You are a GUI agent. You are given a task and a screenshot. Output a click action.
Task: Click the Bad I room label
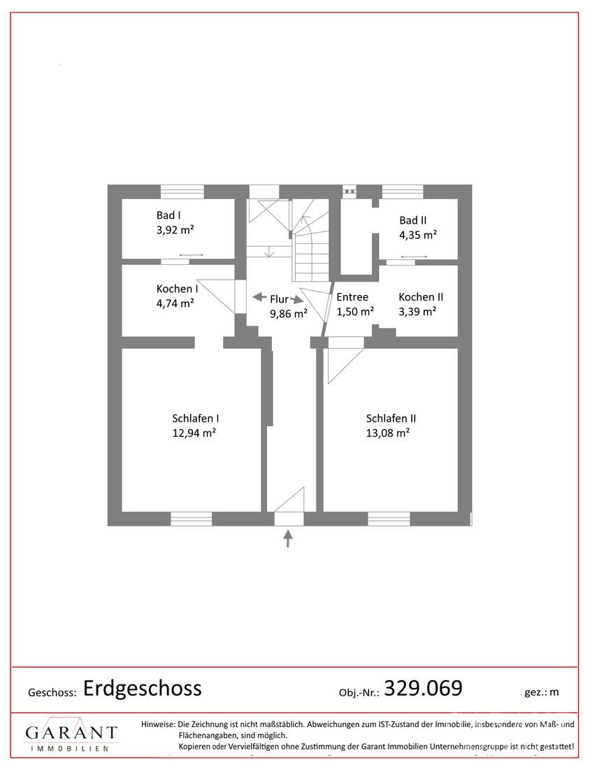pyautogui.click(x=168, y=215)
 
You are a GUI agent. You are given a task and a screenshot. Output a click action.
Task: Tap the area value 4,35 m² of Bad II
pyautogui.click(x=418, y=235)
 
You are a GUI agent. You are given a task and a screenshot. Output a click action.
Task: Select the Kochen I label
pyautogui.click(x=177, y=289)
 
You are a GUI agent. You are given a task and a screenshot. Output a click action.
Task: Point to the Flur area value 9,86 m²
pyautogui.click(x=289, y=313)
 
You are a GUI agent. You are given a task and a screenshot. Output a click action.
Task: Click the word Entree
pyautogui.click(x=352, y=297)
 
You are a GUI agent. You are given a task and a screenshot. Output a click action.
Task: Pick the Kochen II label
pyautogui.click(x=421, y=297)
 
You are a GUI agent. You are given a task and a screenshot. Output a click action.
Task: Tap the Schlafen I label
pyautogui.click(x=195, y=418)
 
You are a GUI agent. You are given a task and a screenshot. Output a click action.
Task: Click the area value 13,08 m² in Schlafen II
pyautogui.click(x=388, y=433)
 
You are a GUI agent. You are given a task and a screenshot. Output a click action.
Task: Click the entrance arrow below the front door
pyautogui.click(x=288, y=538)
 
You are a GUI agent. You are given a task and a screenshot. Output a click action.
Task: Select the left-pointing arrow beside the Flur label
pyautogui.click(x=259, y=297)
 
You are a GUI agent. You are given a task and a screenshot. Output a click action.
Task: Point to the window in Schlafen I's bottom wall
pyautogui.click(x=192, y=519)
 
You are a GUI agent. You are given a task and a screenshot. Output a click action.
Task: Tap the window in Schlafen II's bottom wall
pyautogui.click(x=389, y=519)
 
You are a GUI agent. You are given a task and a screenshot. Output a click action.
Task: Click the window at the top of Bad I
pyautogui.click(x=182, y=192)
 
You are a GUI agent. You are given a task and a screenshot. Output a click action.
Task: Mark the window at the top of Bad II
pyautogui.click(x=403, y=192)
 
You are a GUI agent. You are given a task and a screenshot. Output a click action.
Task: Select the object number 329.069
pyautogui.click(x=423, y=688)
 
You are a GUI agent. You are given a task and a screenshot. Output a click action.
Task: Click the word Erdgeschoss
pyautogui.click(x=142, y=689)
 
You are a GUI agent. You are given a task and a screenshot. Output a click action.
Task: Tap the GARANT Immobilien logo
pyautogui.click(x=71, y=734)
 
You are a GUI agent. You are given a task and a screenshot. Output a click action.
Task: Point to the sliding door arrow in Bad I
pyautogui.click(x=192, y=255)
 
